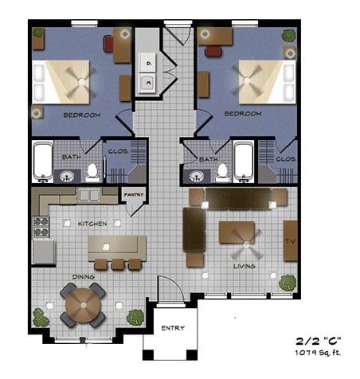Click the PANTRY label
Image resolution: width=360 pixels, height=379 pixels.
[134, 194]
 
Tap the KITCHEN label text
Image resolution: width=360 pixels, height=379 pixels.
[92, 224]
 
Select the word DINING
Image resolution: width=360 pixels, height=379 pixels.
[84, 277]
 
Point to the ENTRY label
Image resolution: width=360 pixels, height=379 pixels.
[173, 328]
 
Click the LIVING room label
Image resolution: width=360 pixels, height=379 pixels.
[245, 266]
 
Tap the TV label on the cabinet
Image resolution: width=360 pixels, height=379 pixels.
[290, 241]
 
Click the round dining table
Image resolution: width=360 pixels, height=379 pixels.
[84, 305]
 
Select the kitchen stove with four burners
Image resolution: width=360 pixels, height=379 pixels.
[41, 227]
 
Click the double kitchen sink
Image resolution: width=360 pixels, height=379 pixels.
[89, 196]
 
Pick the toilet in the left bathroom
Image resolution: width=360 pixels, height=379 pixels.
[92, 173]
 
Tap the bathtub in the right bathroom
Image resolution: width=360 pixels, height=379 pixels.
[244, 162]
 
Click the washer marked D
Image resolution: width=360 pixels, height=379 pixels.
[147, 63]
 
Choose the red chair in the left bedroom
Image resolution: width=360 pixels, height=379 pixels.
[108, 44]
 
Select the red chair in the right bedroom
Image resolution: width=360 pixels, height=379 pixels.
[213, 51]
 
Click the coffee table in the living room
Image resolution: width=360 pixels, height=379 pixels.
[237, 232]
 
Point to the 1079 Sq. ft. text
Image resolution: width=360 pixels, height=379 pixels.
[318, 353]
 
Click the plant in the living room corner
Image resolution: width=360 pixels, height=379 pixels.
[288, 283]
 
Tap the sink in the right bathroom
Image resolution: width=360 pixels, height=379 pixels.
[197, 176]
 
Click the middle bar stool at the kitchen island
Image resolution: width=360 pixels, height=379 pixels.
[117, 264]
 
